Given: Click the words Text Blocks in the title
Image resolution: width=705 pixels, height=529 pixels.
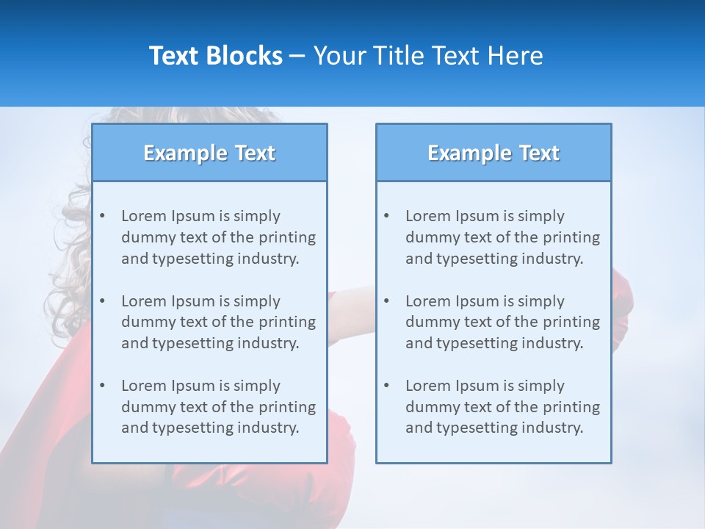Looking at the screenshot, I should coord(215,56).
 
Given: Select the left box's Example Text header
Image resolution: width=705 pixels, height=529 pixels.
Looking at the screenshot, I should coord(209,153).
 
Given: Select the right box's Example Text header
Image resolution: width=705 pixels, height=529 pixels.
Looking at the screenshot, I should coord(493,153).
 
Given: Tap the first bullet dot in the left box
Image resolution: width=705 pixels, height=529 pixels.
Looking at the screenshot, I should coord(103,216).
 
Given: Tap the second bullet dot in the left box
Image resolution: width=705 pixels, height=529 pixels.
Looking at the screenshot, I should coord(103,301).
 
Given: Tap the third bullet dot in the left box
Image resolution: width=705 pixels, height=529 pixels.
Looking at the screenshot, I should coord(103,386).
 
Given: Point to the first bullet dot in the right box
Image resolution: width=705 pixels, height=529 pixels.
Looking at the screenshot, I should coord(387,216).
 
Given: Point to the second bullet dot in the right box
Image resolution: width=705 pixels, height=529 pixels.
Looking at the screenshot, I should coord(387,301).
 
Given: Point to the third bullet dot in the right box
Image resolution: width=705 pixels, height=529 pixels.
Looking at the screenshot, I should coord(387,386).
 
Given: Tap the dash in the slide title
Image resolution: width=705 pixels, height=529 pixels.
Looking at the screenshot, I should coord(297,56).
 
